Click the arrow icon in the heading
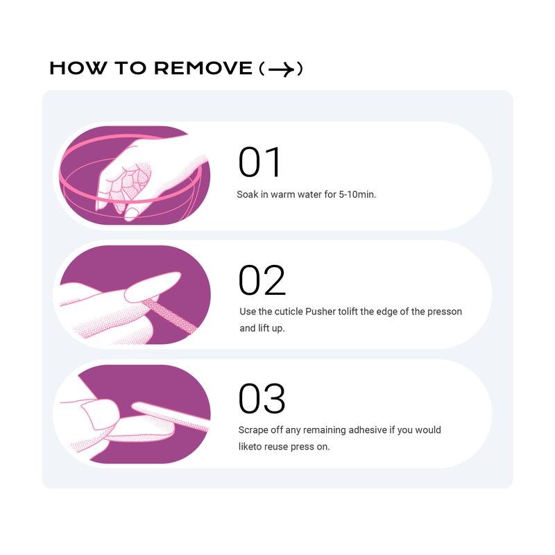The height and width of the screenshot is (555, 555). pyautogui.click(x=282, y=69)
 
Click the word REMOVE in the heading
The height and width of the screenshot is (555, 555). pyautogui.click(x=203, y=68)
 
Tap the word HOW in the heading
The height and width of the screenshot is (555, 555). pyautogui.click(x=78, y=68)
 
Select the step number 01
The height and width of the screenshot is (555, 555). pyautogui.click(x=259, y=162)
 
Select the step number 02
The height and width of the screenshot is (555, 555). pyautogui.click(x=262, y=280)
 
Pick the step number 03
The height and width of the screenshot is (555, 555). pyautogui.click(x=262, y=398)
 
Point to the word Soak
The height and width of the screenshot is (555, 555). pyautogui.click(x=248, y=194)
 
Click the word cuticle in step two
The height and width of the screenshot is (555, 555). pyautogui.click(x=289, y=311)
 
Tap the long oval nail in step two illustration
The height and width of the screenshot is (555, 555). pyautogui.click(x=153, y=287)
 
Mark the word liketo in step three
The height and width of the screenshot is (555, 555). pyautogui.click(x=250, y=446)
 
